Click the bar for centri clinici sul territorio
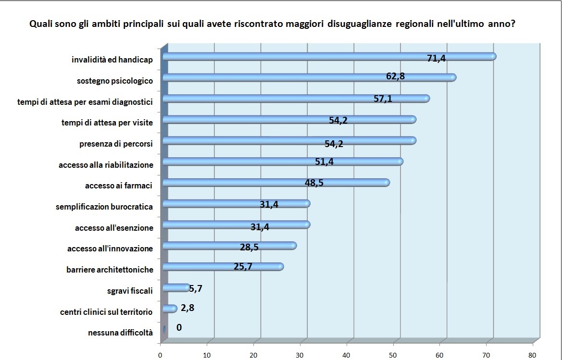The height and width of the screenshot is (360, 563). [170, 309]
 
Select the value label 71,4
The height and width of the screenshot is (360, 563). [437, 59]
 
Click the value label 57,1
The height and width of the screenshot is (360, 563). [383, 99]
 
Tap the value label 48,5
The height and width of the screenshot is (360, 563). [314, 183]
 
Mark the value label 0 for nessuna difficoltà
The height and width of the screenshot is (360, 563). [179, 328]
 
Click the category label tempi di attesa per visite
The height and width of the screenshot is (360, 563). [107, 123]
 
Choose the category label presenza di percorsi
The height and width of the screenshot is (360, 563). [116, 144]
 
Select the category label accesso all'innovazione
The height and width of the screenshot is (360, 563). [110, 248]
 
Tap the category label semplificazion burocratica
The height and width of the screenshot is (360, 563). [104, 207]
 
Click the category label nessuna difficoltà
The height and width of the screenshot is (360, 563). [120, 333]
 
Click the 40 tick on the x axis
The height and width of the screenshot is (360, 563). [347, 355]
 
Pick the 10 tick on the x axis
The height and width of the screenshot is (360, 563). [207, 355]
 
